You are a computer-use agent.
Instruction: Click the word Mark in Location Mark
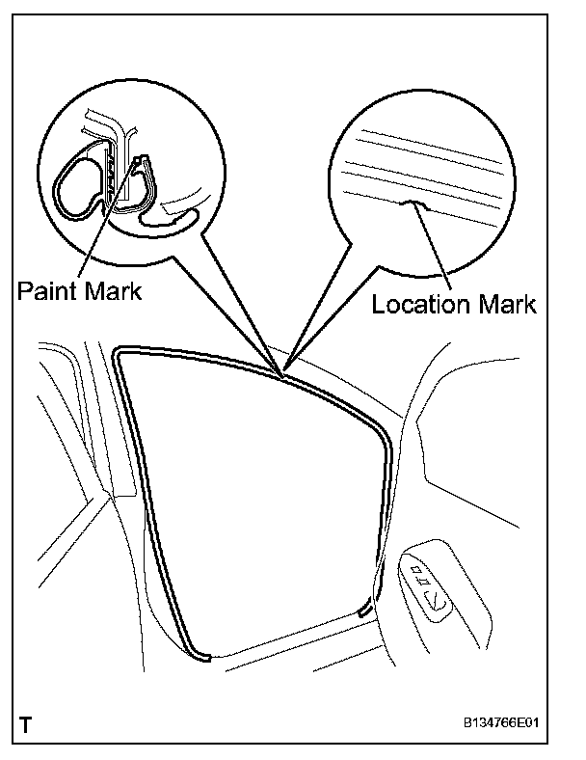[503, 305]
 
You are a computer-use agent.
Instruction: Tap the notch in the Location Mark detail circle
[414, 204]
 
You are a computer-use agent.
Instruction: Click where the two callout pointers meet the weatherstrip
[282, 374]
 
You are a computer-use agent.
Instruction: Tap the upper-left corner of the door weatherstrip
[120, 353]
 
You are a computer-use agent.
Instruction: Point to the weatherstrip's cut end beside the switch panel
[364, 610]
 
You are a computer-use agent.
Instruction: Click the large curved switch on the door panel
[439, 603]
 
